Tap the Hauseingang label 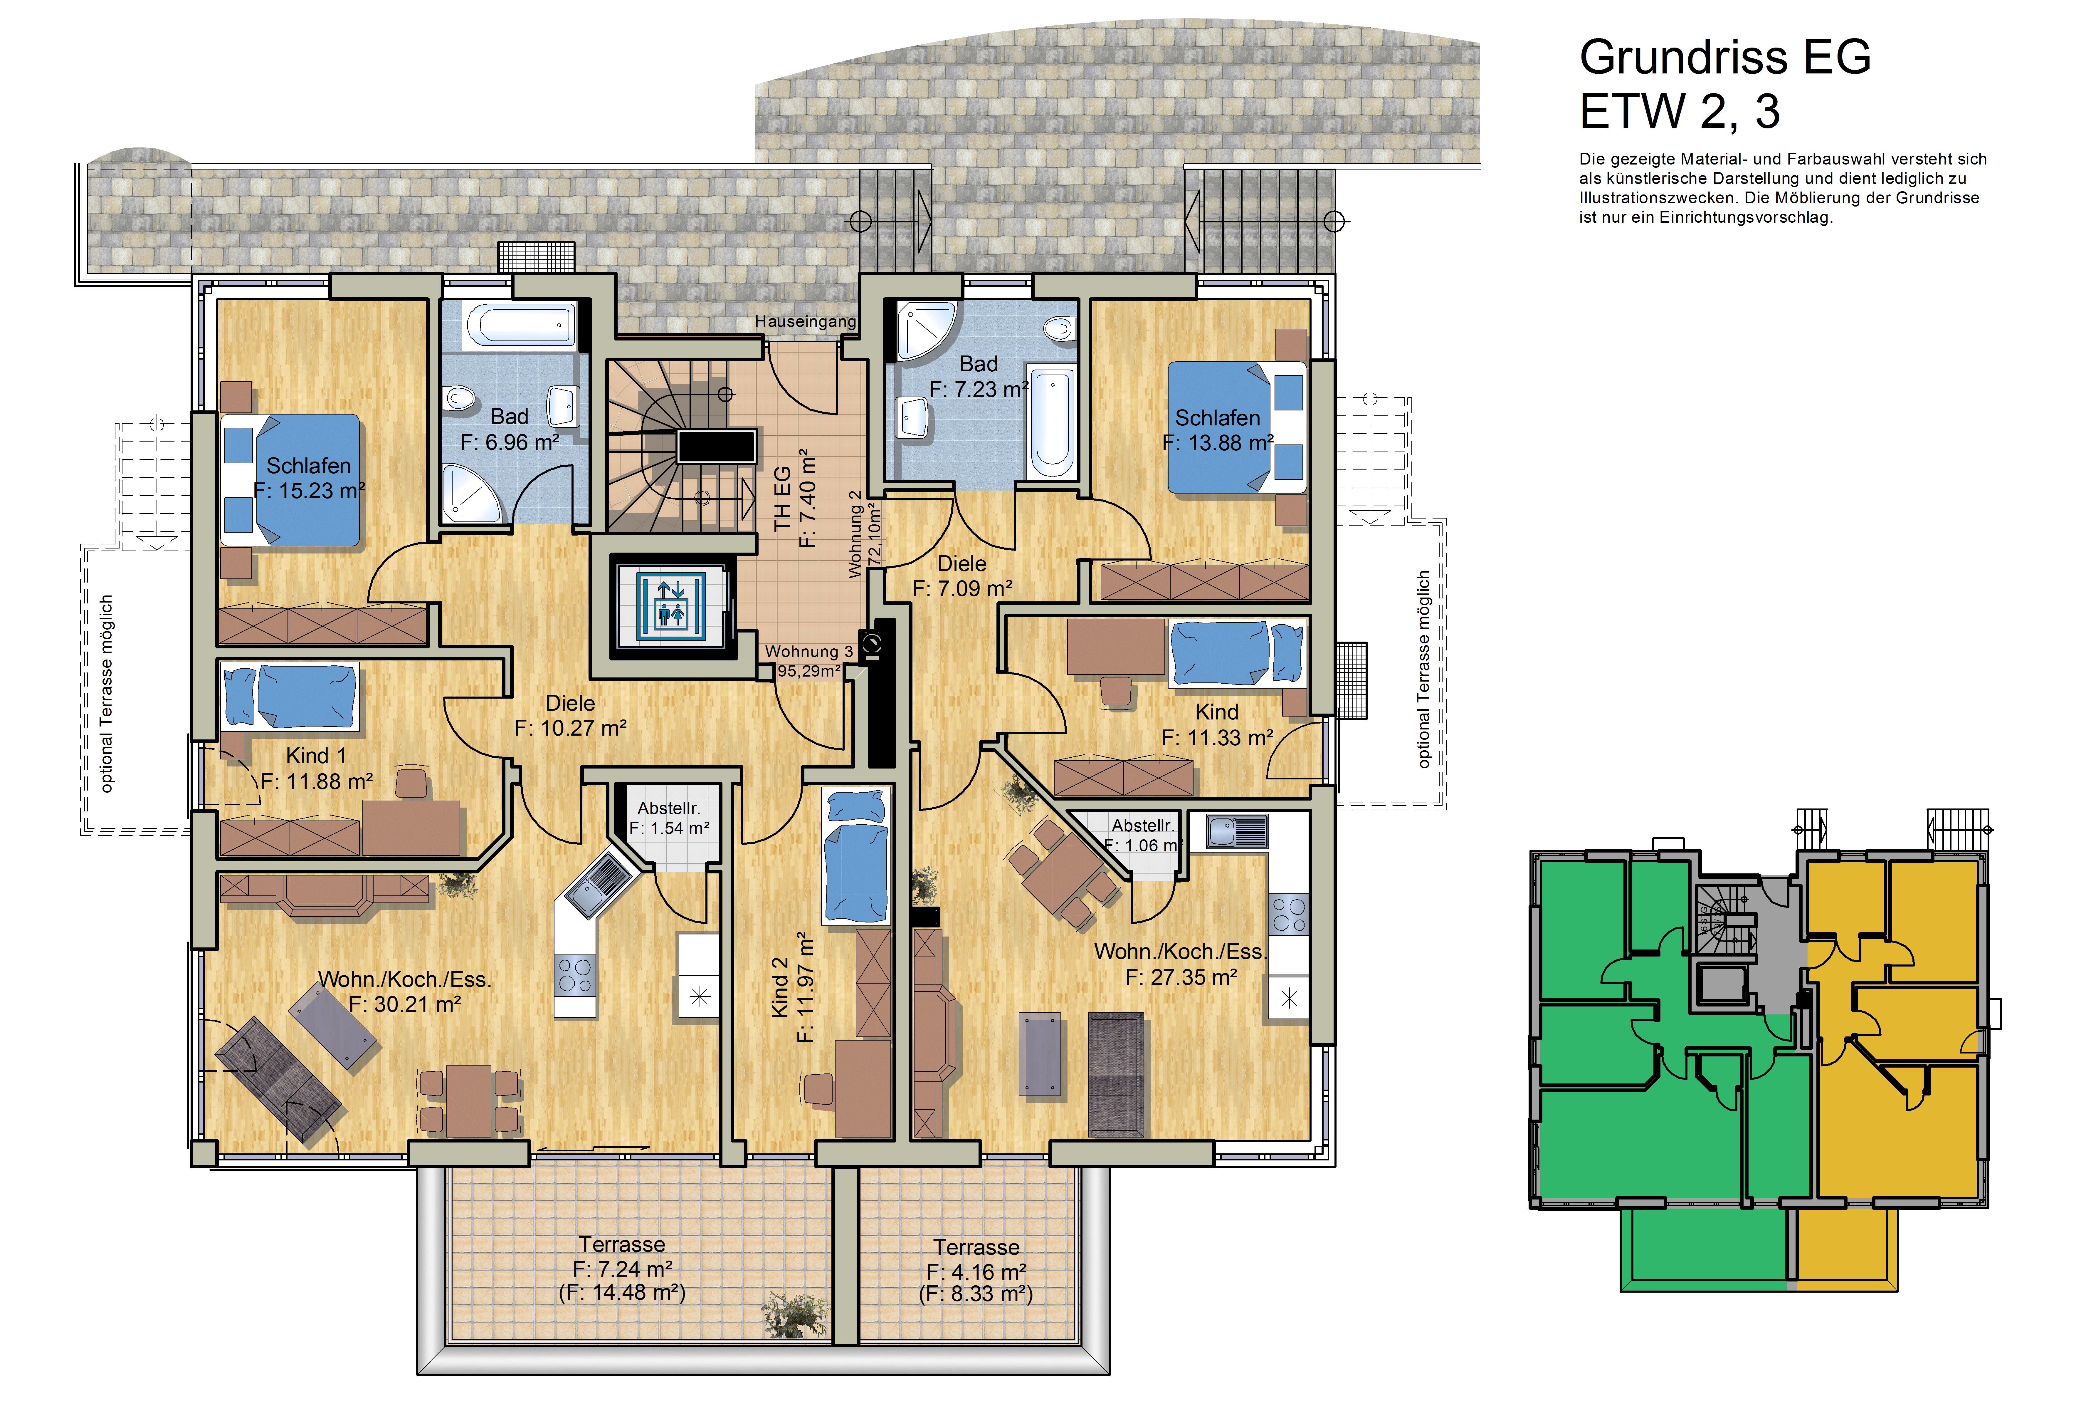pyautogui.click(x=805, y=322)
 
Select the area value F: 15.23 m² pyautogui.click(x=309, y=491)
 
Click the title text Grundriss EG pyautogui.click(x=1724, y=57)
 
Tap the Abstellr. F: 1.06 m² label pyautogui.click(x=1143, y=835)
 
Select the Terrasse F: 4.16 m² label pyautogui.click(x=976, y=1259)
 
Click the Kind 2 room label pyautogui.click(x=780, y=987)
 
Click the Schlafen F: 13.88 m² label pyautogui.click(x=1218, y=430)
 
